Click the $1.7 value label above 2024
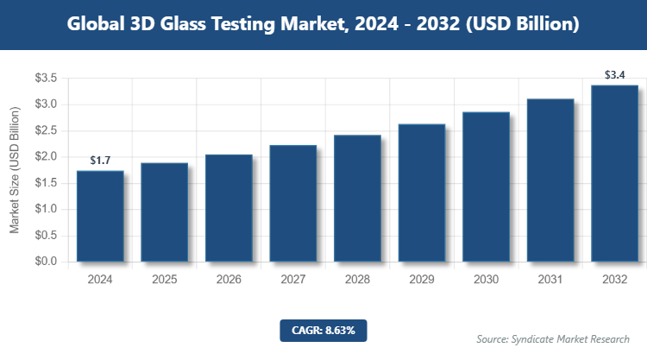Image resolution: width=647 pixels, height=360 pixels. point(100,161)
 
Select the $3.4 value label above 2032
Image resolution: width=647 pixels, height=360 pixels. point(615,75)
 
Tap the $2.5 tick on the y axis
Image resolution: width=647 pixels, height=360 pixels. point(46,130)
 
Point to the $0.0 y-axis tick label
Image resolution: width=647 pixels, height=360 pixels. point(46,262)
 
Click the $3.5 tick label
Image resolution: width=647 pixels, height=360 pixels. point(46,79)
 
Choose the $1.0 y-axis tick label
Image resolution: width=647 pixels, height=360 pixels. point(46,209)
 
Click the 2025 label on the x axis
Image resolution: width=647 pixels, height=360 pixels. point(164,280)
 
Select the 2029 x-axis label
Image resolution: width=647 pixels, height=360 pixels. point(422,280)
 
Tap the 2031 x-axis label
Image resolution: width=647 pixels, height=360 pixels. point(550,280)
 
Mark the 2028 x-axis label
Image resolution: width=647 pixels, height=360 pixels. point(357,280)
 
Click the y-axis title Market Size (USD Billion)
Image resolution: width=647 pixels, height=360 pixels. point(15,170)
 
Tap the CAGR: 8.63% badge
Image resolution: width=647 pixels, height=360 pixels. point(323,330)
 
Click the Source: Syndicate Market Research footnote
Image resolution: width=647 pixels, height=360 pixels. point(552,338)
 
